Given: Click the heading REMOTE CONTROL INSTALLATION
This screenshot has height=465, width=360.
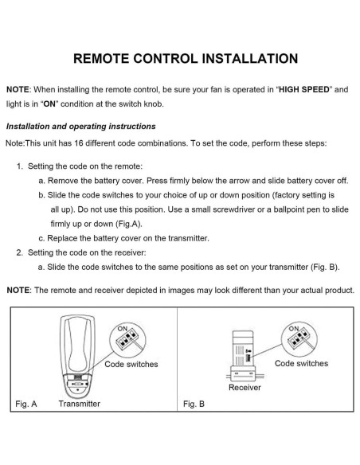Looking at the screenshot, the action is click(180, 59).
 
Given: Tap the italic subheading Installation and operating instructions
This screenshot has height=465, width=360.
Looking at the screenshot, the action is click(81, 127).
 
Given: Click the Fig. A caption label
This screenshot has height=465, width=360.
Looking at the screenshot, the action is click(26, 404).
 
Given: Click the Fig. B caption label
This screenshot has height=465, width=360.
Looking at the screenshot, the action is click(194, 404).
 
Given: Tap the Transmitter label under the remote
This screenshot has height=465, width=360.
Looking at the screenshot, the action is click(80, 404).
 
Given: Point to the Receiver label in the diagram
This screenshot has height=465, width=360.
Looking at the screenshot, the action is click(244, 389).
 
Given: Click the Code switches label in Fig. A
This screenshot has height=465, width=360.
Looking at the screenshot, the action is click(131, 364).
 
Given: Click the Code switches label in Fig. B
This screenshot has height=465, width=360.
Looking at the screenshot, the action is click(301, 363).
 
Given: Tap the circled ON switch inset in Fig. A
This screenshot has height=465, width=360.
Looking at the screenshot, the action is click(126, 338).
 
